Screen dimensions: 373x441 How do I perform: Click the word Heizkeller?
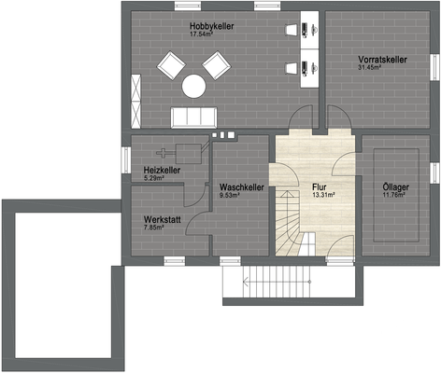pos(163,170)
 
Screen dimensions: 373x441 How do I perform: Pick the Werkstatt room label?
pos(161,217)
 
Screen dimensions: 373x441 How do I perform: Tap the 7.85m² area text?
pos(154,227)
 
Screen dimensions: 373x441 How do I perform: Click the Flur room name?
pos(320,187)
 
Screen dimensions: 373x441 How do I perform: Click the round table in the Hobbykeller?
pos(193,86)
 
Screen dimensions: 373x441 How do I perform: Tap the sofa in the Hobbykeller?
pos(193,116)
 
